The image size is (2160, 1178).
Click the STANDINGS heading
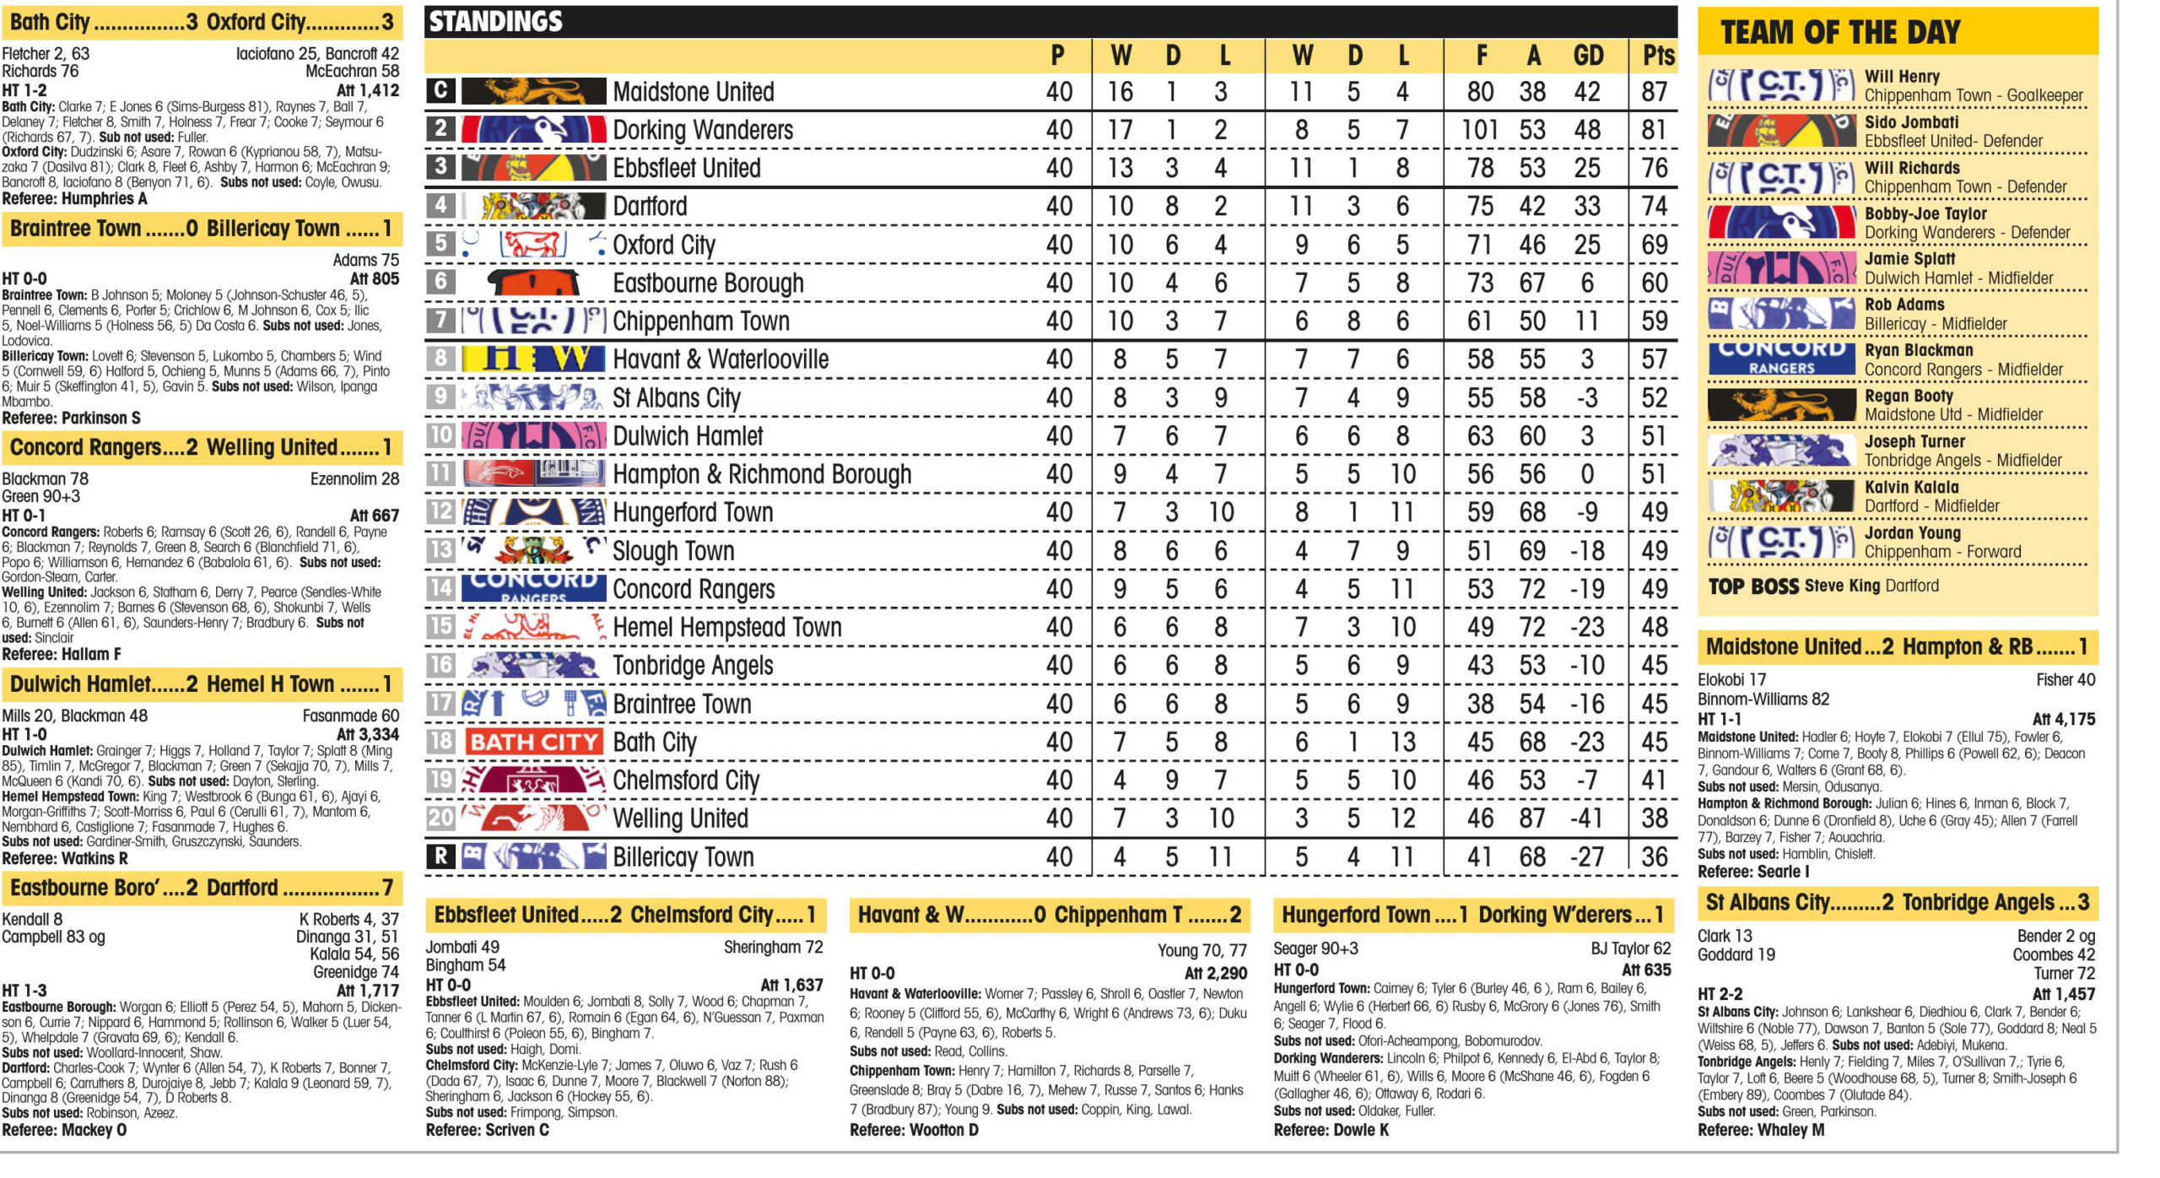tap(496, 22)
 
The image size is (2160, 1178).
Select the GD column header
tap(1588, 56)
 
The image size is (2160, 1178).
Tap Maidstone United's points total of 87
tap(1654, 92)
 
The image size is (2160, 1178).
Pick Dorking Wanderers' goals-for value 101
tap(1480, 130)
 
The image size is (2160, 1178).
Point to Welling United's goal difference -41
tap(1586, 819)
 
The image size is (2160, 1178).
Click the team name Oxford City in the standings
tap(664, 245)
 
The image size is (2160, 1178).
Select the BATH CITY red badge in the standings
tap(533, 743)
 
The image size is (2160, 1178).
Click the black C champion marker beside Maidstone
tap(440, 90)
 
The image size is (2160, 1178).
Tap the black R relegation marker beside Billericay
tap(440, 856)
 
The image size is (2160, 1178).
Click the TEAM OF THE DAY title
tap(1840, 32)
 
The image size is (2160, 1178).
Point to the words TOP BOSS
tap(1753, 586)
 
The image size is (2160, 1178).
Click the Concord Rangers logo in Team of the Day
tap(1781, 358)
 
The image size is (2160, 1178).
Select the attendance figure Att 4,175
tap(2063, 720)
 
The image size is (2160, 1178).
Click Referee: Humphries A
tap(74, 199)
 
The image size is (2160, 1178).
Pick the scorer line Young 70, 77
tap(1201, 951)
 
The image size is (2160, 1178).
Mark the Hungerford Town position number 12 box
tap(440, 511)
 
